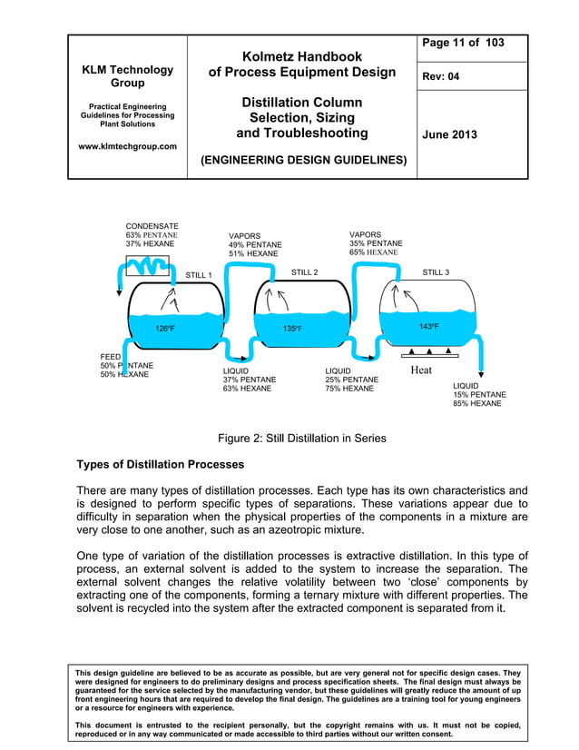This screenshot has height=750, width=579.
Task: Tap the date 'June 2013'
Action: (x=465, y=134)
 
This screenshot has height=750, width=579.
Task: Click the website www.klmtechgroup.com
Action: (x=127, y=146)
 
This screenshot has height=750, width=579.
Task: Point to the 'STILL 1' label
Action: (x=199, y=274)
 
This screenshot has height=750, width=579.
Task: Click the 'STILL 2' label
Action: (x=304, y=271)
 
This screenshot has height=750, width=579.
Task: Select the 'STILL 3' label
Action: (x=436, y=271)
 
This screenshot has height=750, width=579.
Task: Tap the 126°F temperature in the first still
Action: (x=165, y=329)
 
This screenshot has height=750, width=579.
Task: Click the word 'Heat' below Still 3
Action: (x=421, y=370)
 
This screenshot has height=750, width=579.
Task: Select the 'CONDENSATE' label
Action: (x=152, y=225)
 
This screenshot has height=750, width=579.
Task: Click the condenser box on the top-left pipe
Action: (x=145, y=265)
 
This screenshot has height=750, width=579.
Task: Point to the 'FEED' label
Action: (x=111, y=357)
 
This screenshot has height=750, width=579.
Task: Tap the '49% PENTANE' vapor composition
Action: (x=255, y=245)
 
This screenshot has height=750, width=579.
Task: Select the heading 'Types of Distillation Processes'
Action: (x=161, y=464)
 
